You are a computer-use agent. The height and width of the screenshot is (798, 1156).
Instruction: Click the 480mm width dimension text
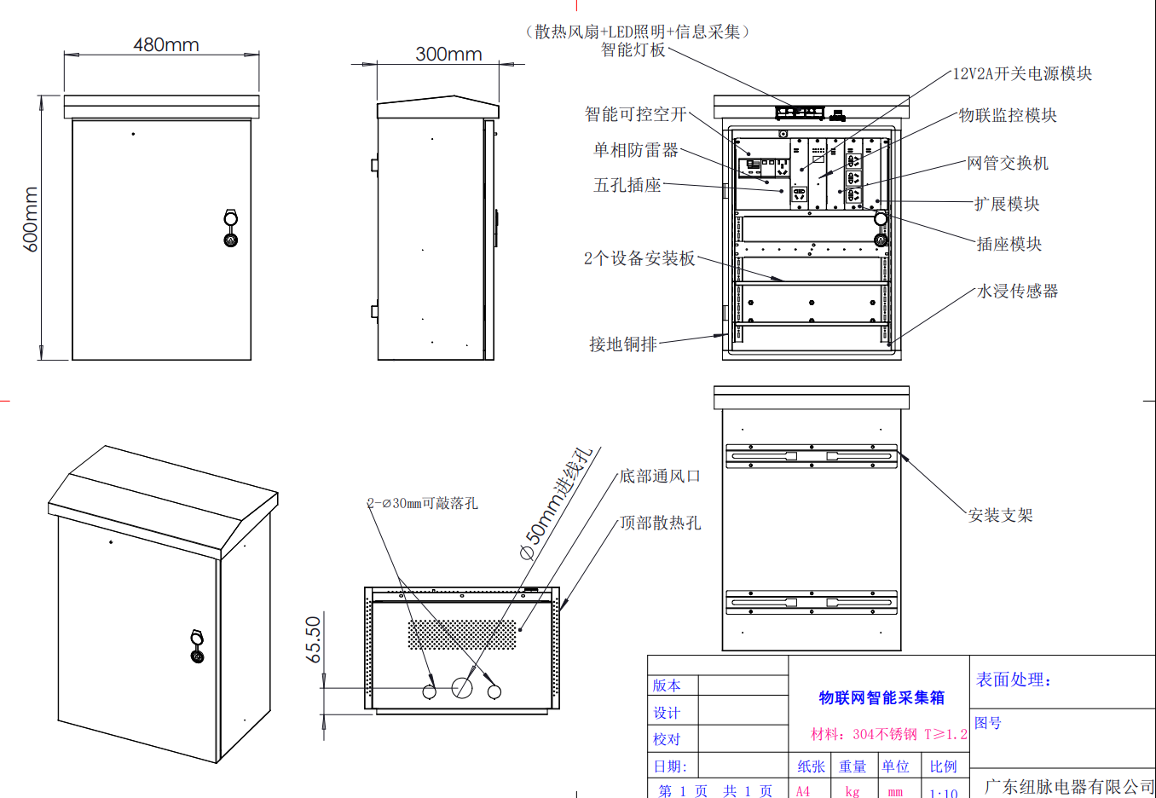[x=166, y=44]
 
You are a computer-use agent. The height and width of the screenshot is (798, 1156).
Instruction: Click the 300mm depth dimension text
[x=448, y=54]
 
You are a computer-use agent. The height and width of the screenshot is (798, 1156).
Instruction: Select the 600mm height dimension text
[x=31, y=220]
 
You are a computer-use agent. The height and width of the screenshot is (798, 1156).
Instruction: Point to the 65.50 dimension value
[x=314, y=639]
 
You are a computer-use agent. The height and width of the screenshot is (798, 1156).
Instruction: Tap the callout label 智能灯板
[x=633, y=50]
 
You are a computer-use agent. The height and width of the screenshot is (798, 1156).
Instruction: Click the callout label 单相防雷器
[x=636, y=150]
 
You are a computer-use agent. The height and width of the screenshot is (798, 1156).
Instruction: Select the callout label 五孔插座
[x=627, y=185]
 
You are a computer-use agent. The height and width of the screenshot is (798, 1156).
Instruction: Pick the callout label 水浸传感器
[x=1017, y=291]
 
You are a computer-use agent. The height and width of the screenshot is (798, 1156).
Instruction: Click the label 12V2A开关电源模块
[x=1022, y=74]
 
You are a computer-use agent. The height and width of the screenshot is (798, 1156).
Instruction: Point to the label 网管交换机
[x=1008, y=163]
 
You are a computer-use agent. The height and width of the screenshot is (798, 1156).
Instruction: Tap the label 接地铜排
[x=623, y=344]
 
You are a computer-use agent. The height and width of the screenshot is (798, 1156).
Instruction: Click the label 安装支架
[x=1000, y=515]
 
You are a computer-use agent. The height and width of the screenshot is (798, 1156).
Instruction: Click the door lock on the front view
[x=231, y=228]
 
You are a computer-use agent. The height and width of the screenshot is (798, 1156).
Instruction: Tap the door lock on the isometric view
[x=197, y=646]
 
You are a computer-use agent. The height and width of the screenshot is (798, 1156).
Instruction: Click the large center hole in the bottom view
[x=462, y=687]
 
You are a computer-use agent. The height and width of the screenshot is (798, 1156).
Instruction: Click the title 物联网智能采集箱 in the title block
[x=881, y=697]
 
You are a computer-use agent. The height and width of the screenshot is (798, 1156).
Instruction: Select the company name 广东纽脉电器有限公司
[x=1069, y=786]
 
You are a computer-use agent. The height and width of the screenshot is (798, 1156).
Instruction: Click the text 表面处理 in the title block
[x=1014, y=679]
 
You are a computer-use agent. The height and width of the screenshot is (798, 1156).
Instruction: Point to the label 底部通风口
[x=660, y=476]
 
